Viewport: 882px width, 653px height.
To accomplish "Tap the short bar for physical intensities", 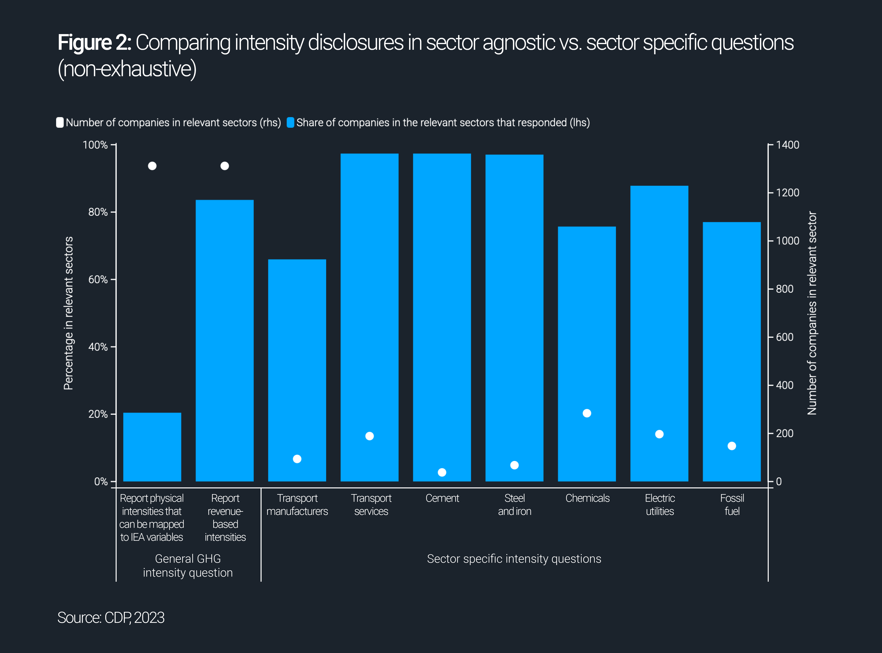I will pyautogui.click(x=152, y=447).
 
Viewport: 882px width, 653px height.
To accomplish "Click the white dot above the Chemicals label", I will pyautogui.click(x=587, y=413).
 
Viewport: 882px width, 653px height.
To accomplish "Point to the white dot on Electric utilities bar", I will pyautogui.click(x=659, y=434).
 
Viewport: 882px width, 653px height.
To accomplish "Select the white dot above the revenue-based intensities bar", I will pyautogui.click(x=225, y=166).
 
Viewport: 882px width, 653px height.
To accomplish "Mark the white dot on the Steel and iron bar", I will pyautogui.click(x=514, y=465).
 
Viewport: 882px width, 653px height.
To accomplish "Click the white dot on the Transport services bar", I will pyautogui.click(x=369, y=436).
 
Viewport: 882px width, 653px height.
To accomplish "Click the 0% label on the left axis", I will pyautogui.click(x=101, y=481).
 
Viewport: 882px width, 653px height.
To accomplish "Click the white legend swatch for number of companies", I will pyautogui.click(x=60, y=122).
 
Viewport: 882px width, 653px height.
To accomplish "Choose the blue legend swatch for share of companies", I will pyautogui.click(x=290, y=122).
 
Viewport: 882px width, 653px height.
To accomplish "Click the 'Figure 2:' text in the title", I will pyautogui.click(x=94, y=43).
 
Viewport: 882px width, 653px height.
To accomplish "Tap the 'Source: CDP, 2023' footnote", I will pyautogui.click(x=111, y=617).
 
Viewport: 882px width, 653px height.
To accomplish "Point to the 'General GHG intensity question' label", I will pyautogui.click(x=188, y=566).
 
